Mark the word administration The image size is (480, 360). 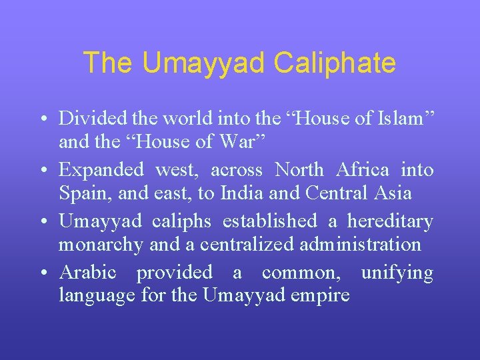(x=357, y=244)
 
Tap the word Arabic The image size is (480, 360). (x=87, y=272)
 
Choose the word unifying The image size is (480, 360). (x=397, y=272)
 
